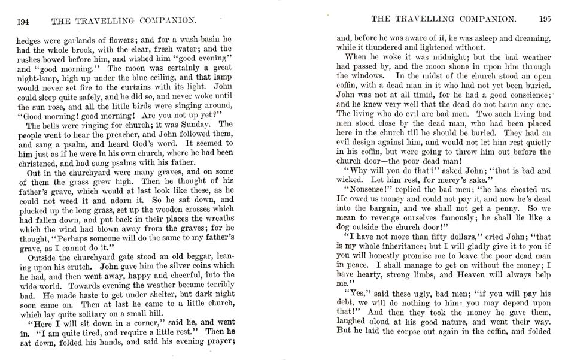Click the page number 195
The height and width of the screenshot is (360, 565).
coord(545,19)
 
